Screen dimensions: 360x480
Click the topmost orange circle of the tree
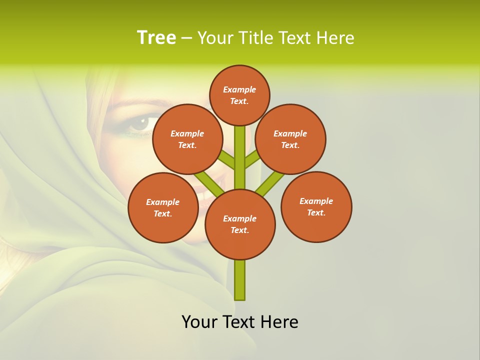pyautogui.click(x=239, y=95)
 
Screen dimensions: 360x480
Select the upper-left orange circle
pyautogui.click(x=187, y=139)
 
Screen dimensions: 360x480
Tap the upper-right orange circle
pyautogui.click(x=290, y=139)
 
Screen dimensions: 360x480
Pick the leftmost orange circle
pyautogui.click(x=163, y=207)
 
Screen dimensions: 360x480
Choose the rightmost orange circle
pyautogui.click(x=316, y=206)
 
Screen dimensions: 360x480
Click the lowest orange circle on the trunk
pyautogui.click(x=240, y=224)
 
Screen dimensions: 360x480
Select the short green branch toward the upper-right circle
pyautogui.click(x=252, y=159)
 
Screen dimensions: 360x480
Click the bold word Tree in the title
pyautogui.click(x=156, y=37)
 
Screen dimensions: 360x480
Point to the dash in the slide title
pyautogui.click(x=186, y=38)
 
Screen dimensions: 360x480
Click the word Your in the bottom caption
pyautogui.click(x=200, y=321)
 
